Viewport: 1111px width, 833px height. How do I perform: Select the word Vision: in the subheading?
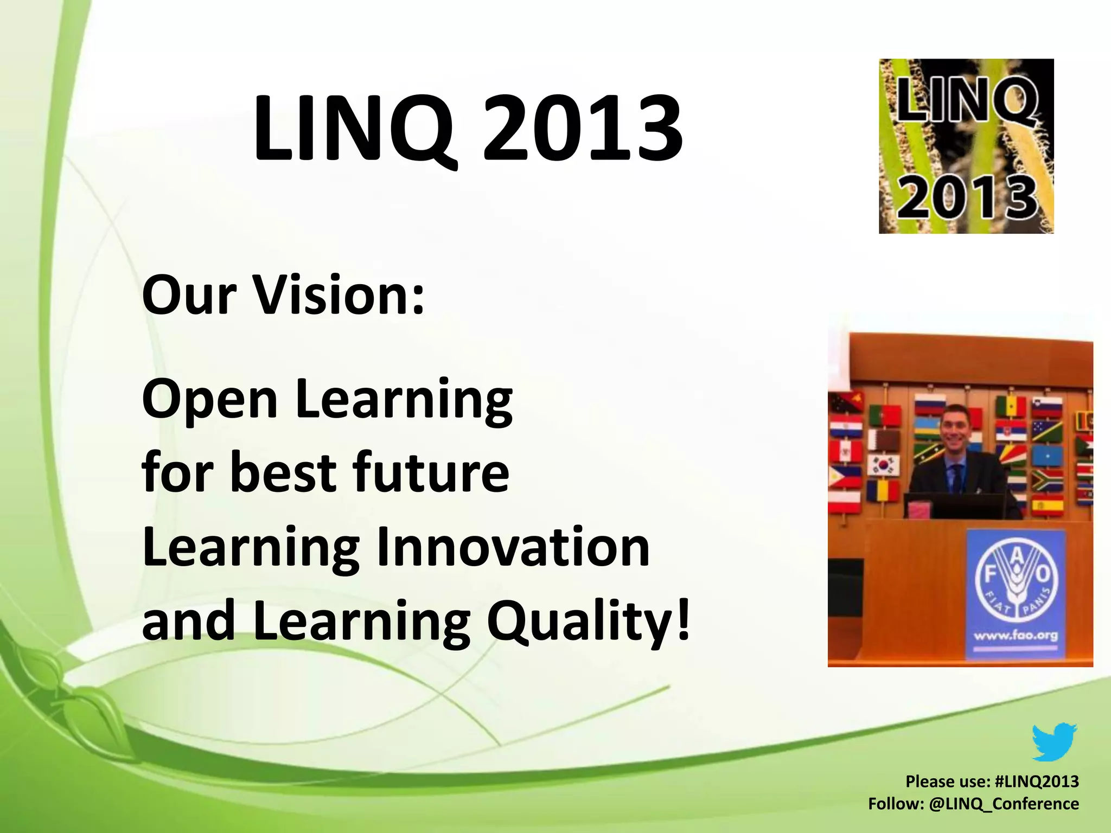[340, 296]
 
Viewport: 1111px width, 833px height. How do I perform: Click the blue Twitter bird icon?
[1053, 742]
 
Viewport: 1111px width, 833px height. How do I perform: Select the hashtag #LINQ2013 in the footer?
[1037, 781]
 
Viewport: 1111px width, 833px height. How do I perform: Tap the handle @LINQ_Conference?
[1004, 804]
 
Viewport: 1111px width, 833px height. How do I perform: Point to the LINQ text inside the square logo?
[967, 100]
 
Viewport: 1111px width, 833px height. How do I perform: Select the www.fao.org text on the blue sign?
[1016, 635]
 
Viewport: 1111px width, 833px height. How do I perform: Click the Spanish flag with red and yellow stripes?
[1047, 506]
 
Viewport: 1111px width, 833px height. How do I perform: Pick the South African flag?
[1047, 480]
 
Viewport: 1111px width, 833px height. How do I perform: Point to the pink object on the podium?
[921, 510]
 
